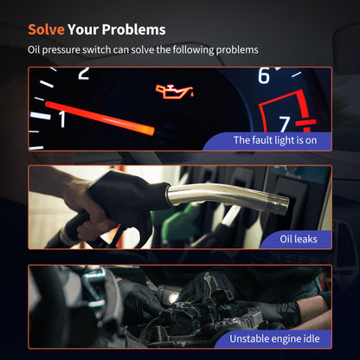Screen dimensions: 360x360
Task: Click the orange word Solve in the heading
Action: click(x=46, y=29)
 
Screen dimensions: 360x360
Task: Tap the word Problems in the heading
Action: click(x=133, y=29)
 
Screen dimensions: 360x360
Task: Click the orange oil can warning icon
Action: click(x=175, y=92)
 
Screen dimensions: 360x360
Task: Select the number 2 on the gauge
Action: click(x=84, y=73)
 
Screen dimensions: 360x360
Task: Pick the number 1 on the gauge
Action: click(x=62, y=119)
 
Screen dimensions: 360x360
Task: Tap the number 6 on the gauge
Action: click(x=264, y=75)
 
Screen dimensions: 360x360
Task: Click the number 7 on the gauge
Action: click(x=285, y=125)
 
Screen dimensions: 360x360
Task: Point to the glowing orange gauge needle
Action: click(x=100, y=119)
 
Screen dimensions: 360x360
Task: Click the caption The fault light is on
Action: click(x=275, y=140)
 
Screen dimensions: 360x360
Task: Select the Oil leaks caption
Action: click(x=299, y=239)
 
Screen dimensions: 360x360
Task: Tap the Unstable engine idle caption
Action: click(x=274, y=338)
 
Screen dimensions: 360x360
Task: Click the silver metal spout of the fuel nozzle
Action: click(x=228, y=197)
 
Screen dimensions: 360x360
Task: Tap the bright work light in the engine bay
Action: click(x=173, y=299)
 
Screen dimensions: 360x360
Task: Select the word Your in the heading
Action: click(x=83, y=29)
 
